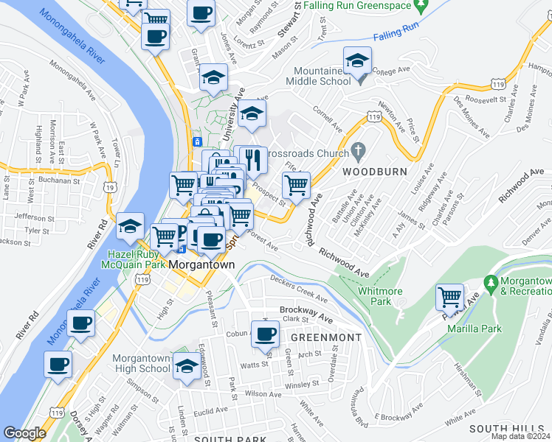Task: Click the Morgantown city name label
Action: [x=201, y=264]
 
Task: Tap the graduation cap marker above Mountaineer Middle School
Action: [x=357, y=61]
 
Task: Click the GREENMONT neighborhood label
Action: [x=325, y=337]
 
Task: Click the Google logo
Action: [x=24, y=433]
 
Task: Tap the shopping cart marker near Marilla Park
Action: [x=449, y=297]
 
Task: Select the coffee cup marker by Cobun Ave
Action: [x=265, y=334]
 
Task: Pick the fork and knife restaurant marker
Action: [x=253, y=160]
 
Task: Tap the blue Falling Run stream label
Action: [x=397, y=35]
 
